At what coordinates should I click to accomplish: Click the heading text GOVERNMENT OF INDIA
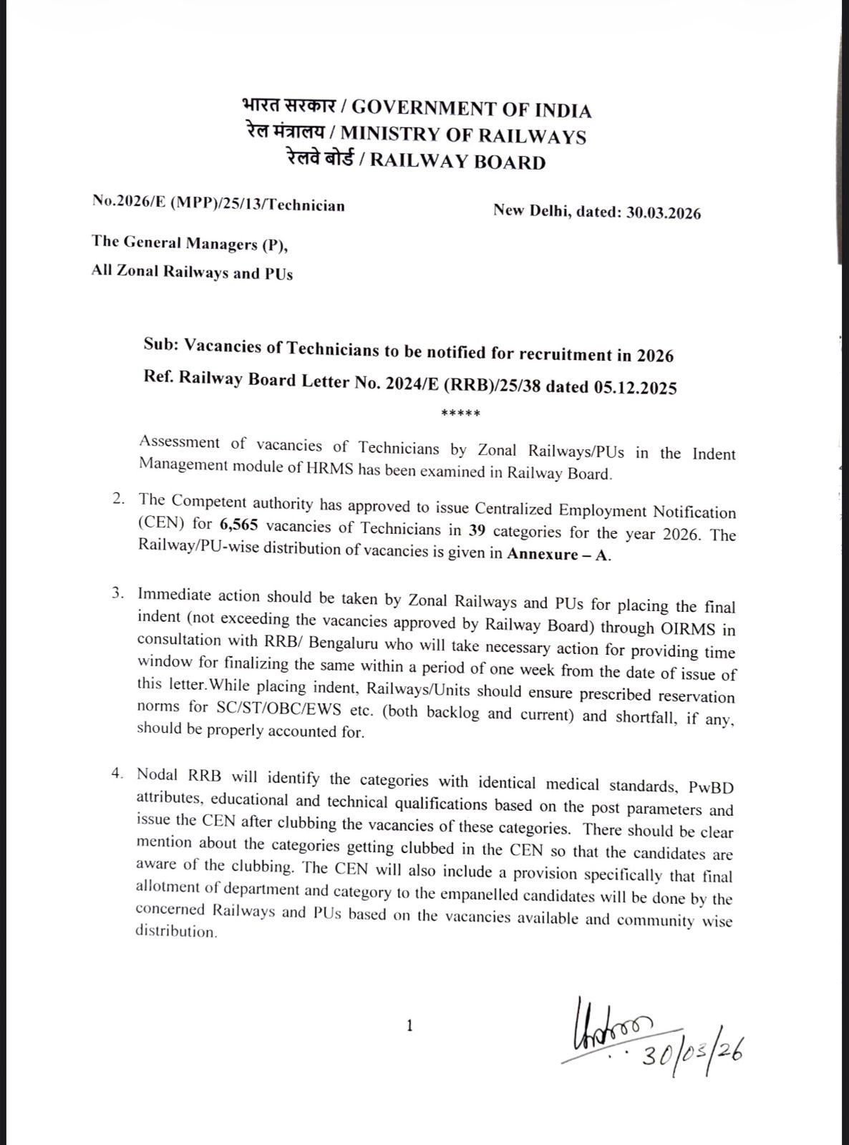[472, 110]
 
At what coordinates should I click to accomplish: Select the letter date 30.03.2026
[664, 213]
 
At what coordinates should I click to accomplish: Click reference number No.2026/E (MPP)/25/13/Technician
[218, 205]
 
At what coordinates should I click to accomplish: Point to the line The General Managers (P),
[190, 243]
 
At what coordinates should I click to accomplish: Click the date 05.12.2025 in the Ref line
[635, 387]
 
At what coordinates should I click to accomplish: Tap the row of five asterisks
[461, 414]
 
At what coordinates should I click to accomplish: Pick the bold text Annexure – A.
[559, 555]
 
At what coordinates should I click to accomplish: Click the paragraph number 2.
[120, 499]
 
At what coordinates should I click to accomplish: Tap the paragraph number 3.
[120, 594]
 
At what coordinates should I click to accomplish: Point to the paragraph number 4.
[118, 774]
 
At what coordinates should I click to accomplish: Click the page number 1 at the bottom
[409, 1026]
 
